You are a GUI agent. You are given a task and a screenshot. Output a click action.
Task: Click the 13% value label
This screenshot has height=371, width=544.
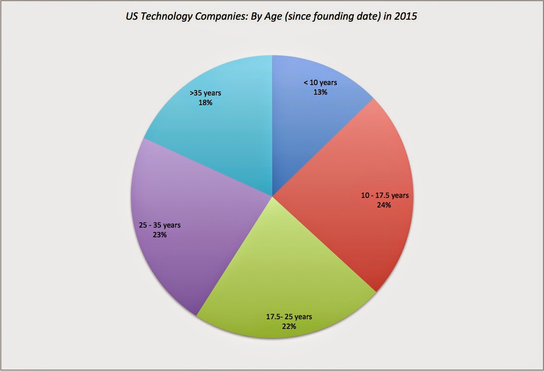click(x=320, y=92)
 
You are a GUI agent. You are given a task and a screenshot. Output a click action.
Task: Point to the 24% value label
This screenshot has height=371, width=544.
click(x=384, y=205)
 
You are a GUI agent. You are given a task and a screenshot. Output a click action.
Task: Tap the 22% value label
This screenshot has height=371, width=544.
click(x=289, y=327)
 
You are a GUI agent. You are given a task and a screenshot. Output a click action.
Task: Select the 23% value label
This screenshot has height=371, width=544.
click(x=160, y=235)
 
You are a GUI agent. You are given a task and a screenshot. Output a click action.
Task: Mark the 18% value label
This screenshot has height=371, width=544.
click(x=205, y=103)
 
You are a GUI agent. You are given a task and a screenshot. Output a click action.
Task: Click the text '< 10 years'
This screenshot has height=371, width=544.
click(x=320, y=83)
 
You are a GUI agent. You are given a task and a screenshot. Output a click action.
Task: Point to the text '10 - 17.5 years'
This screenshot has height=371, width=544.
click(x=385, y=196)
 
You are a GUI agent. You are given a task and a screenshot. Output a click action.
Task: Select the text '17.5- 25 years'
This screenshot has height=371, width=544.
click(x=289, y=317)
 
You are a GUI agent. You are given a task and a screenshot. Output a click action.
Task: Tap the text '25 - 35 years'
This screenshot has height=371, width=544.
click(x=160, y=225)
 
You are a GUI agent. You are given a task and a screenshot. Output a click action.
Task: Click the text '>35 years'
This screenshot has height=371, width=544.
click(x=205, y=93)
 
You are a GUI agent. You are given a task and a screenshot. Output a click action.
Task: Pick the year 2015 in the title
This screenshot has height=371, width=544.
click(x=405, y=16)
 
